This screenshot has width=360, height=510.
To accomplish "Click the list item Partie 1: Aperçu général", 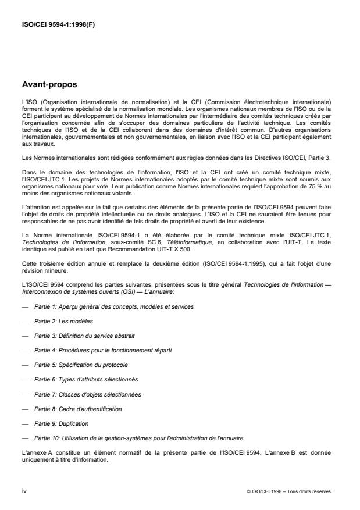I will point(115,306).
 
